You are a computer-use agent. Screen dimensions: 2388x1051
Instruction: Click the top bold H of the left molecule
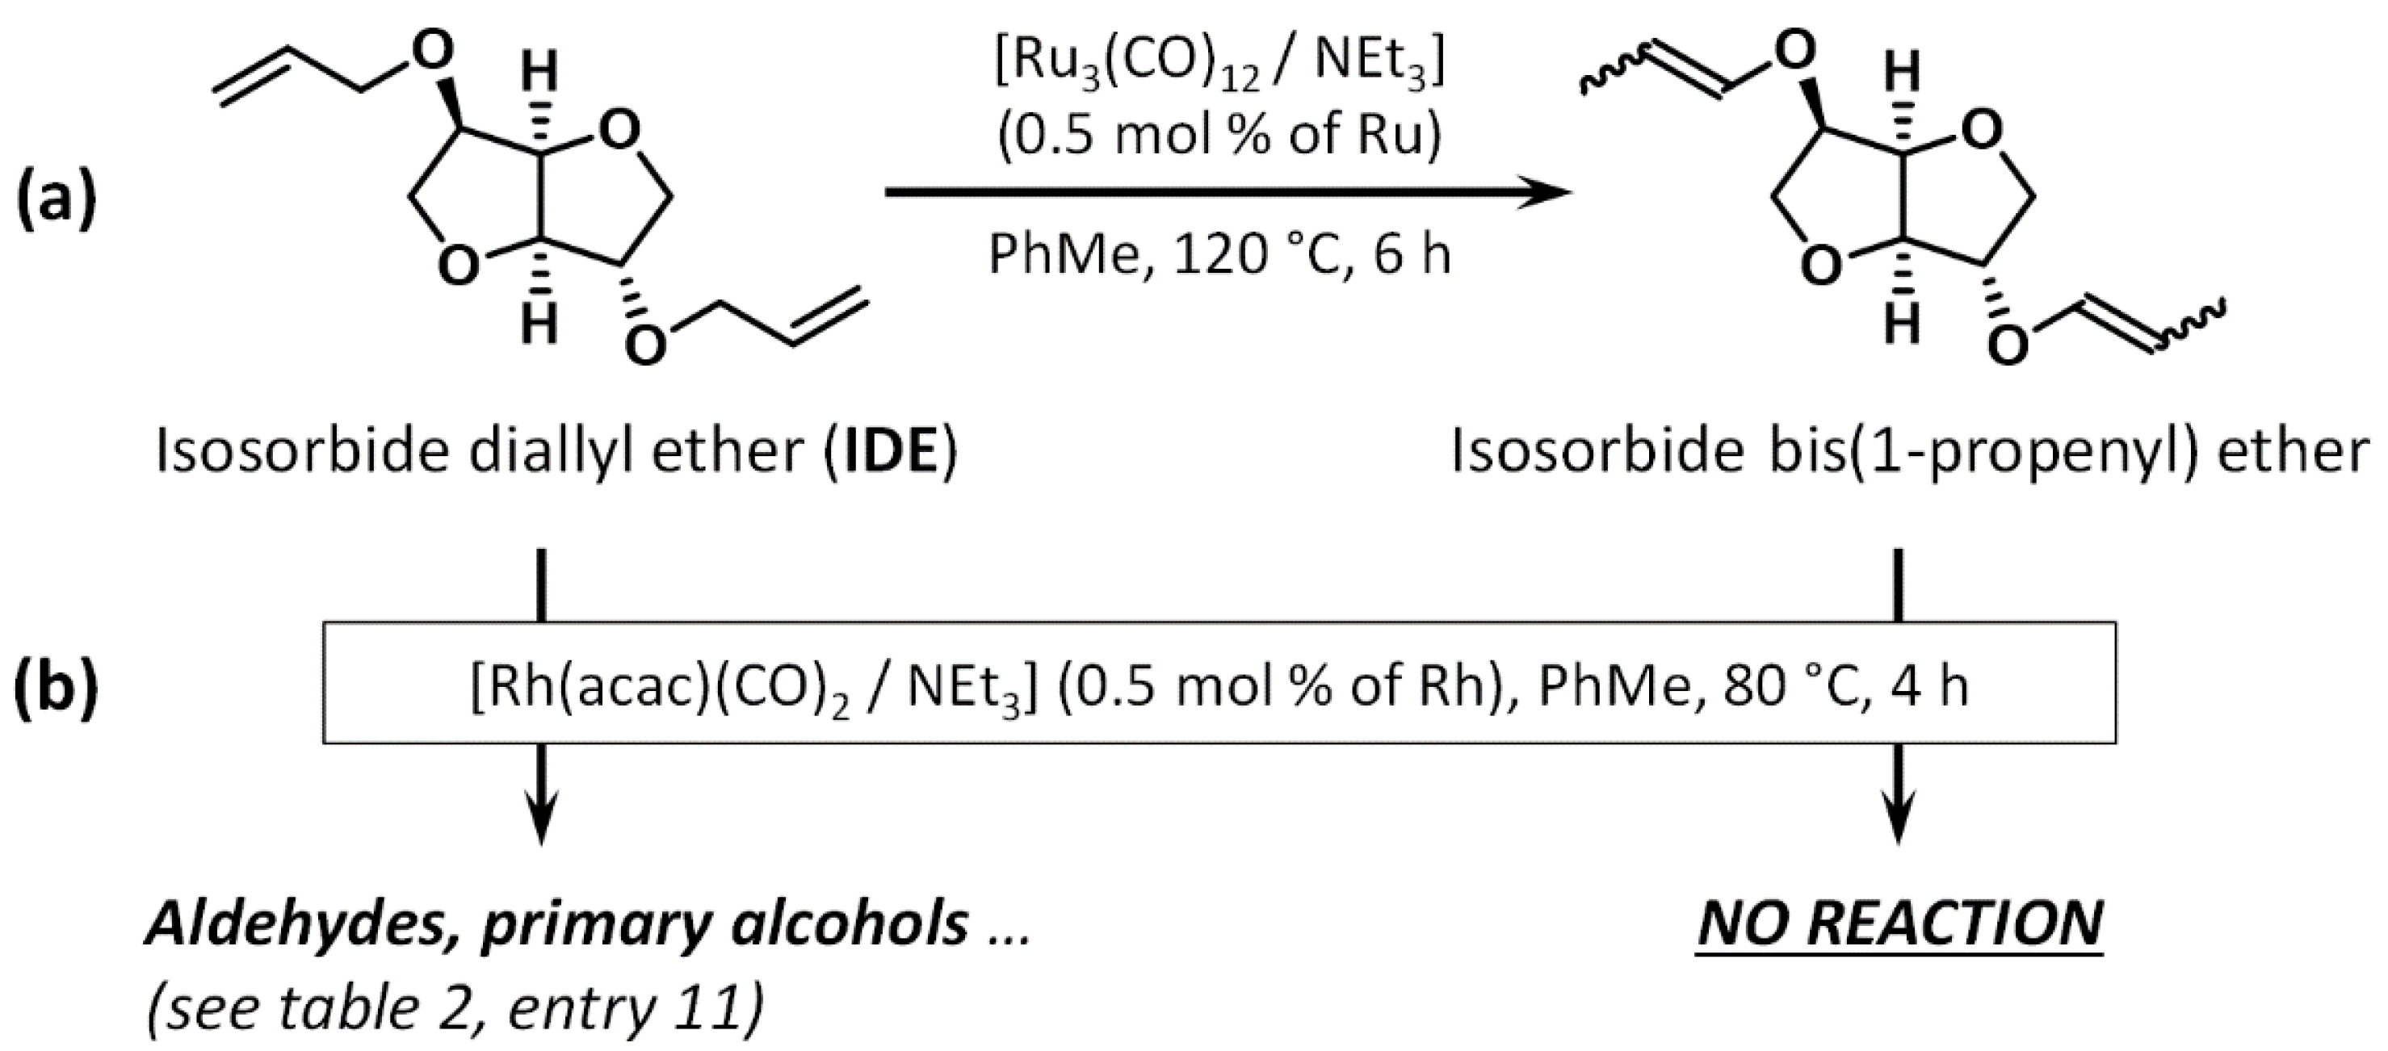click(539, 73)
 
